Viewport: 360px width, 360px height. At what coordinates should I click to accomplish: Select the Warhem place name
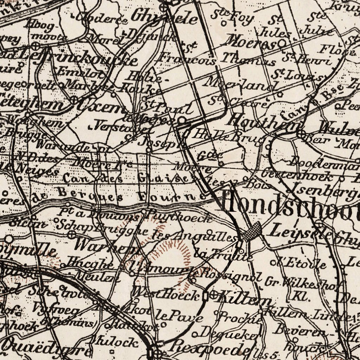click(105, 245)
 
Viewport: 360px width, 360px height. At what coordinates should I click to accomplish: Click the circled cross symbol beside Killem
click(213, 295)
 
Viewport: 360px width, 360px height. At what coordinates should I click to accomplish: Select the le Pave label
click(179, 317)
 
